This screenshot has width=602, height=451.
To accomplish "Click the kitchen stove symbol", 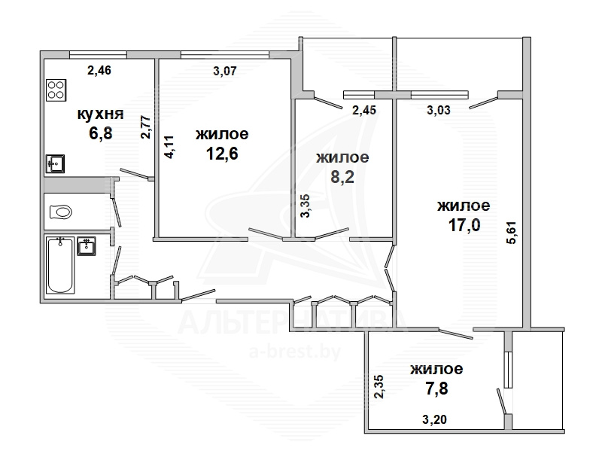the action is click(56, 90).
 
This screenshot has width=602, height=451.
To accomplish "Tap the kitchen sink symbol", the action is click(55, 164).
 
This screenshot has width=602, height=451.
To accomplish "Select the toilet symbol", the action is click(61, 212).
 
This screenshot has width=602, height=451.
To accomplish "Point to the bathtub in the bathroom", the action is click(60, 265).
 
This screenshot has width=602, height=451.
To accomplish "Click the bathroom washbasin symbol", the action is click(87, 246).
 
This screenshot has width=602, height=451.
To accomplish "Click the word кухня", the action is click(101, 114).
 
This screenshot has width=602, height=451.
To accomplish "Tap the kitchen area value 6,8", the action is click(101, 133).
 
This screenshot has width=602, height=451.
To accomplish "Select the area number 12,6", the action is click(222, 154).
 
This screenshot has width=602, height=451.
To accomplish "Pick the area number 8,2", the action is click(342, 177).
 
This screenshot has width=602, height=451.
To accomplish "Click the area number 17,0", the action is click(464, 224).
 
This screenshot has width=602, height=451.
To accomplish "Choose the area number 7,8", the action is click(437, 389).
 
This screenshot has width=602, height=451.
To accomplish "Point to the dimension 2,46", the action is click(99, 70).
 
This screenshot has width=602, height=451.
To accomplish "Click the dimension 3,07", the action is click(225, 71).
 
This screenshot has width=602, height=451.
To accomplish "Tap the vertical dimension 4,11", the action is click(169, 147).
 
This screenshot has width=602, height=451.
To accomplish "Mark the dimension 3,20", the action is click(435, 419).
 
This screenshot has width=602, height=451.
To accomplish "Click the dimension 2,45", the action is click(364, 110).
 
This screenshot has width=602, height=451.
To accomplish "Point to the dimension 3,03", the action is click(439, 110).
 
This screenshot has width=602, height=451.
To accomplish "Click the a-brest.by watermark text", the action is click(295, 352).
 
